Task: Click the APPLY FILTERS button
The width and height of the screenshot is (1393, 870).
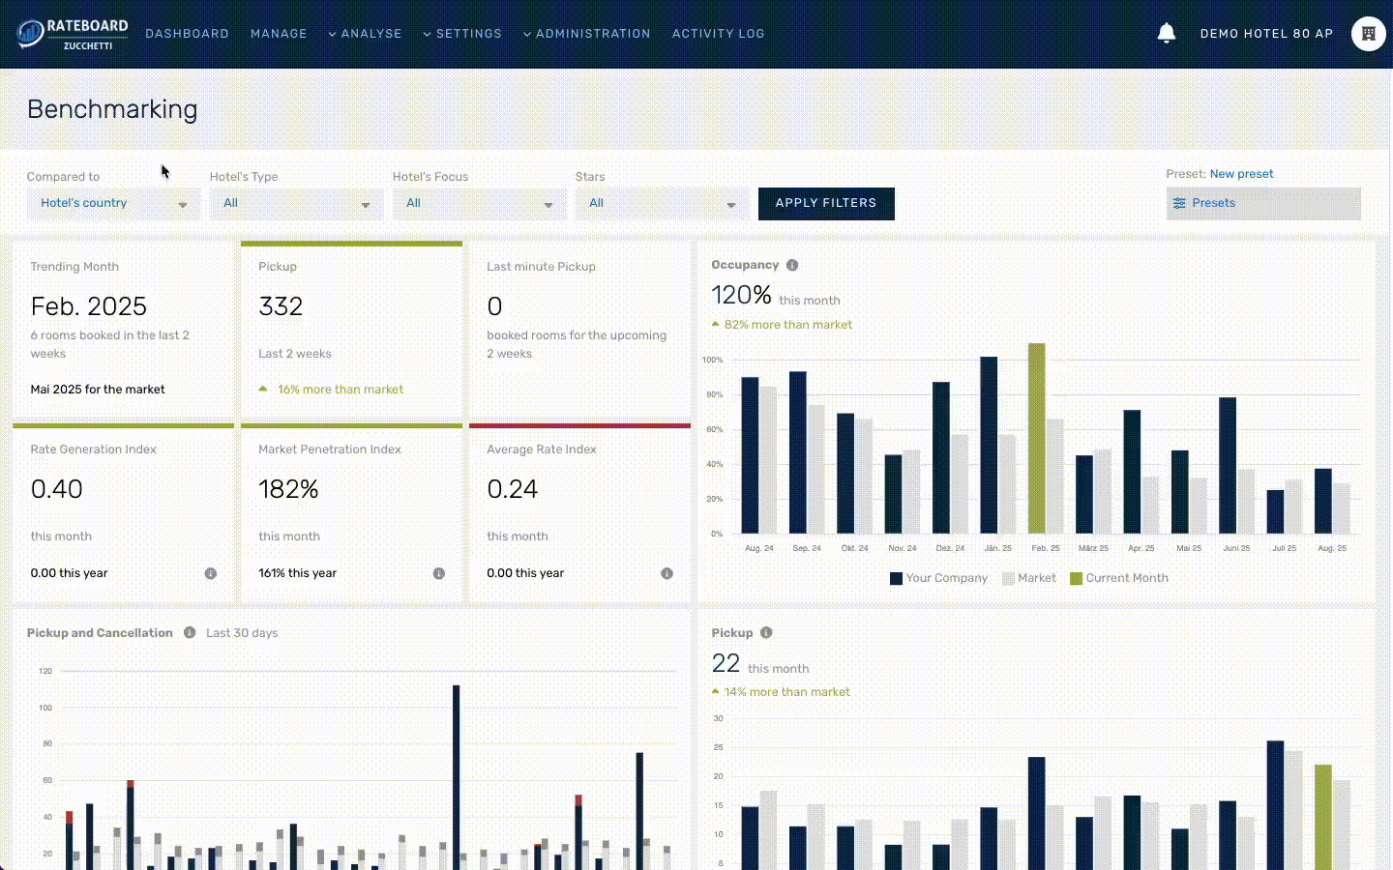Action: [x=825, y=203]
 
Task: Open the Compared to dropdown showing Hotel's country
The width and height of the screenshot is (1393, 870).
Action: [x=113, y=203]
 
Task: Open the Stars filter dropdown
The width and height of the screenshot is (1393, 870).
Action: [x=662, y=203]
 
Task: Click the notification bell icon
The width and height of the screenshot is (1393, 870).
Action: [x=1166, y=33]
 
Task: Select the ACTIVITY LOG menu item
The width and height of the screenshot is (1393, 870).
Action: [x=718, y=34]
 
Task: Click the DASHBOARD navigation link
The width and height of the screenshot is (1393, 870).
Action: [x=187, y=34]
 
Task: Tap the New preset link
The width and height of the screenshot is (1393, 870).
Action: [x=1241, y=174]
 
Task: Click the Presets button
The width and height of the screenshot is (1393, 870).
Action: [x=1262, y=203]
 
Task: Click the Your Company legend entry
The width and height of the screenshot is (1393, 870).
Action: [x=938, y=578]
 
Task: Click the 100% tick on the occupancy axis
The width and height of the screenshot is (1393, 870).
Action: [x=712, y=360]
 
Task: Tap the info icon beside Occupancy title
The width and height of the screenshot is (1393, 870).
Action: [x=792, y=265]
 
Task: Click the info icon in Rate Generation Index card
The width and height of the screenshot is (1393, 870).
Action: [x=210, y=573]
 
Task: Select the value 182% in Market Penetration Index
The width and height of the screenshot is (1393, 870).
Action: [x=288, y=489]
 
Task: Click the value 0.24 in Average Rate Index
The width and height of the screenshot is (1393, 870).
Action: [x=512, y=489]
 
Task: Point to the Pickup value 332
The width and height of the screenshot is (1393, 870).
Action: [x=281, y=306]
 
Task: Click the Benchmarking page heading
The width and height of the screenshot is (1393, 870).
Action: [x=112, y=109]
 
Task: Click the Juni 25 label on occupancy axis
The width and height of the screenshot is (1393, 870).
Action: [x=1236, y=548]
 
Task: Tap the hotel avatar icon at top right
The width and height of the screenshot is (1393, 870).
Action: [x=1368, y=34]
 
